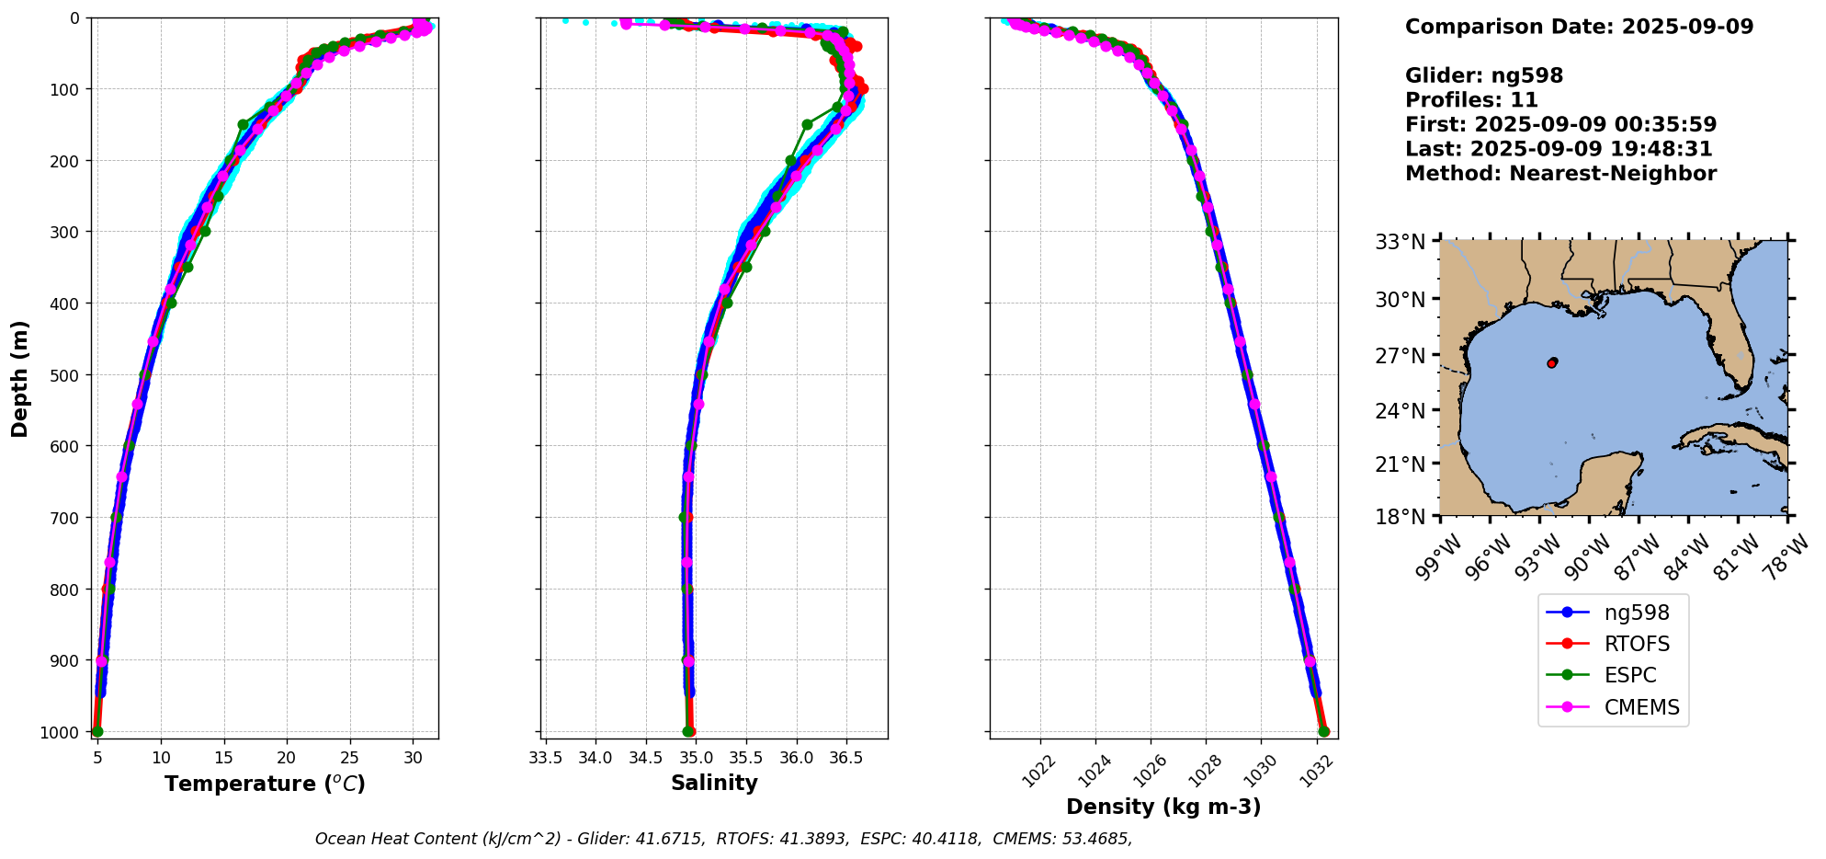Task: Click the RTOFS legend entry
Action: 1636,644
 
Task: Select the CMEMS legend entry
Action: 1641,707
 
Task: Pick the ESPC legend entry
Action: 1629,675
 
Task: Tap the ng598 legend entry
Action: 1636,613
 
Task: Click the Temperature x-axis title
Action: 265,784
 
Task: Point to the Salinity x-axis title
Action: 714,784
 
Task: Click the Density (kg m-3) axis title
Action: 1163,807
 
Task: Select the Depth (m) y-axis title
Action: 20,378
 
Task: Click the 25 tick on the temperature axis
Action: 350,758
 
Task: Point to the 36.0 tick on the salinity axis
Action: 796,758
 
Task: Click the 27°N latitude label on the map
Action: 1400,355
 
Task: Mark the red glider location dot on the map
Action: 1552,363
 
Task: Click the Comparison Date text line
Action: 1579,27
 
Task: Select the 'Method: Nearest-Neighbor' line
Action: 1560,174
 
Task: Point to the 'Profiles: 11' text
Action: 1471,100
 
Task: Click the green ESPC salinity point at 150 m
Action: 807,124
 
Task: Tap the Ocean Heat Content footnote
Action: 723,839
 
